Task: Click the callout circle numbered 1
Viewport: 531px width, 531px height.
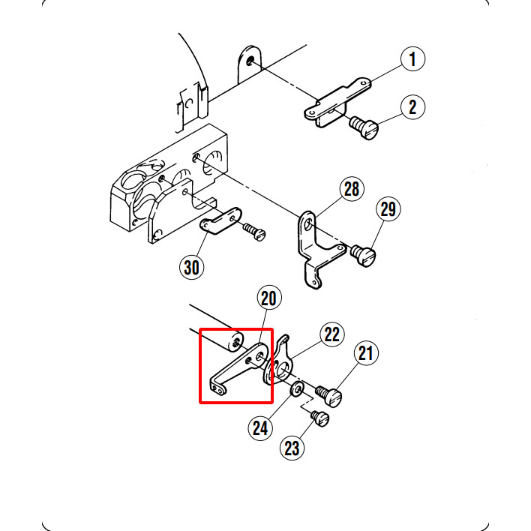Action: click(412, 59)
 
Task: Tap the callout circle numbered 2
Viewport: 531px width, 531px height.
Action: click(412, 107)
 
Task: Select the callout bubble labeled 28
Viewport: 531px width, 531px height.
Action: click(352, 189)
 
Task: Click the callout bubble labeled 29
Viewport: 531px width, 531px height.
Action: click(388, 209)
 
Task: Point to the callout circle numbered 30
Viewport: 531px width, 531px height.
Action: click(192, 267)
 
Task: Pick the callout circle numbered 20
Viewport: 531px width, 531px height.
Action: click(269, 298)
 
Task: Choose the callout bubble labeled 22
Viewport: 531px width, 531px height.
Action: click(332, 334)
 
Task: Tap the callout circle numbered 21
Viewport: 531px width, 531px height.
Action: click(366, 353)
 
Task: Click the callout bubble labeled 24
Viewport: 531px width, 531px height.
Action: click(260, 428)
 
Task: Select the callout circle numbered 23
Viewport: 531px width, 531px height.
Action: click(292, 448)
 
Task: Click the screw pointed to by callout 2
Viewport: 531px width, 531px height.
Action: click(364, 127)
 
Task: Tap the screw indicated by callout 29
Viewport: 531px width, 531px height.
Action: click(363, 255)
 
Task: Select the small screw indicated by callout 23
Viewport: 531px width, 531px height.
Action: click(320, 418)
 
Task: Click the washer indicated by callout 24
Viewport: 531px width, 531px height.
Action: click(297, 389)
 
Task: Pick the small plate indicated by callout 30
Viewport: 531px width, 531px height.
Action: click(220, 221)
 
